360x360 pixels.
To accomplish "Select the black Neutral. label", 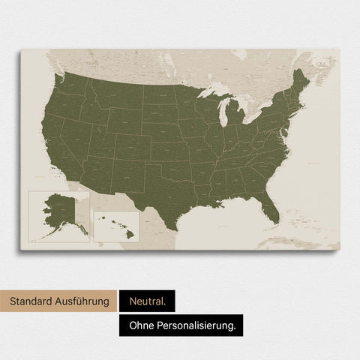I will coord(147,302).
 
